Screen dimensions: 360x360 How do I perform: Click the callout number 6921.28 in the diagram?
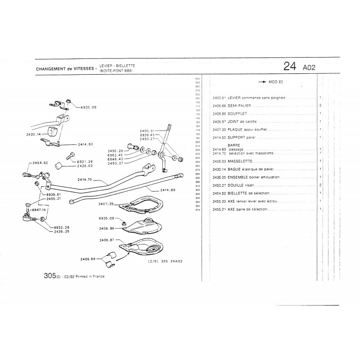pyautogui.click(x=85, y=161)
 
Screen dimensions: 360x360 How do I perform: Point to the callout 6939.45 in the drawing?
pyautogui.click(x=147, y=135)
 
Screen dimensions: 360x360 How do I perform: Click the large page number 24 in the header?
pyautogui.click(x=290, y=67)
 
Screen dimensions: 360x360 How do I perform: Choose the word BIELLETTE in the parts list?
pyautogui.click(x=239, y=193)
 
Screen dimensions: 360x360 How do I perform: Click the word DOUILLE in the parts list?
pyautogui.click(x=236, y=185)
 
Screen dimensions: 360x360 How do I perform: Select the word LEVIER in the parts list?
pyautogui.click(x=234, y=98)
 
